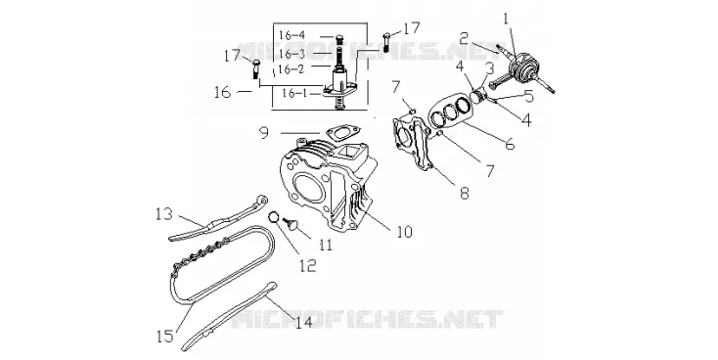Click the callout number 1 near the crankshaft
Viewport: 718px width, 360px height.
pos(506,19)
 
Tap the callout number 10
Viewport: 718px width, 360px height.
pos(404,231)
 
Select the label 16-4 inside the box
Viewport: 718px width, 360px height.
pos(292,35)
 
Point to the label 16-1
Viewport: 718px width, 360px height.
pos(294,94)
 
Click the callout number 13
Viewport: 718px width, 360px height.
pos(164,214)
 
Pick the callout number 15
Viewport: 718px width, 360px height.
pos(165,337)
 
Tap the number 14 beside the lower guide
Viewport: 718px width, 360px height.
pos(304,322)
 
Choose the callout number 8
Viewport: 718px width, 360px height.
pos(465,194)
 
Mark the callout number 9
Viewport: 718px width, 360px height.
pos(264,133)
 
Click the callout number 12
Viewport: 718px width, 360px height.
pos(308,265)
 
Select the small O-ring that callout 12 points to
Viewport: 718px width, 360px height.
pos(273,216)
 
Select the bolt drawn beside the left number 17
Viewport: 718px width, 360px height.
pos(255,69)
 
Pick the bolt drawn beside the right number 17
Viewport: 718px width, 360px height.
pos(385,42)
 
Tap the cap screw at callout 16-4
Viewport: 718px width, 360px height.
pos(339,40)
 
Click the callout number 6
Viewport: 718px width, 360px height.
pos(510,144)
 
